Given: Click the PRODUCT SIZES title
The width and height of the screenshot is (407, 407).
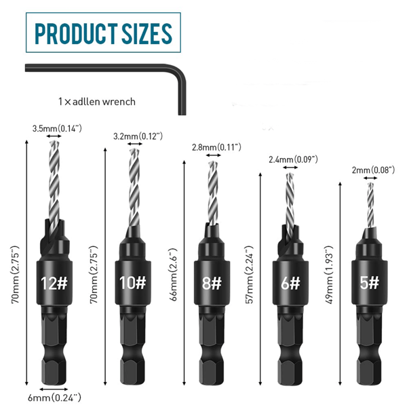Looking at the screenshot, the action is [103, 33].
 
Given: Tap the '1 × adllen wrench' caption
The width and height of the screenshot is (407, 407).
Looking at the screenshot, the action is [97, 102].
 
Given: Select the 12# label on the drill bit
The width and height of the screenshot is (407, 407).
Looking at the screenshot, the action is [54, 283].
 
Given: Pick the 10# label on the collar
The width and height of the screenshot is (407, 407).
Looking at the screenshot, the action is [133, 283].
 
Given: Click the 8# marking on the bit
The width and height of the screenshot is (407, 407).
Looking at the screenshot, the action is [212, 283].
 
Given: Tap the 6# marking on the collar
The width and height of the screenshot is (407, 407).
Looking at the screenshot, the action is [290, 283].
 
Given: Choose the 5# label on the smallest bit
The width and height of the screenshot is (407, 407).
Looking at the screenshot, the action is [370, 283].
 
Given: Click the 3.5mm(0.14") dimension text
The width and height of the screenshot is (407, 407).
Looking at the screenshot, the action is [57, 128].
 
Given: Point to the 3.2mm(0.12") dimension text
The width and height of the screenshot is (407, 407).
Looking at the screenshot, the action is [138, 136].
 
